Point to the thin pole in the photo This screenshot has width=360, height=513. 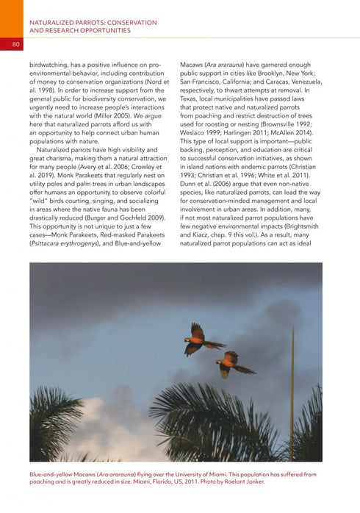292,397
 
